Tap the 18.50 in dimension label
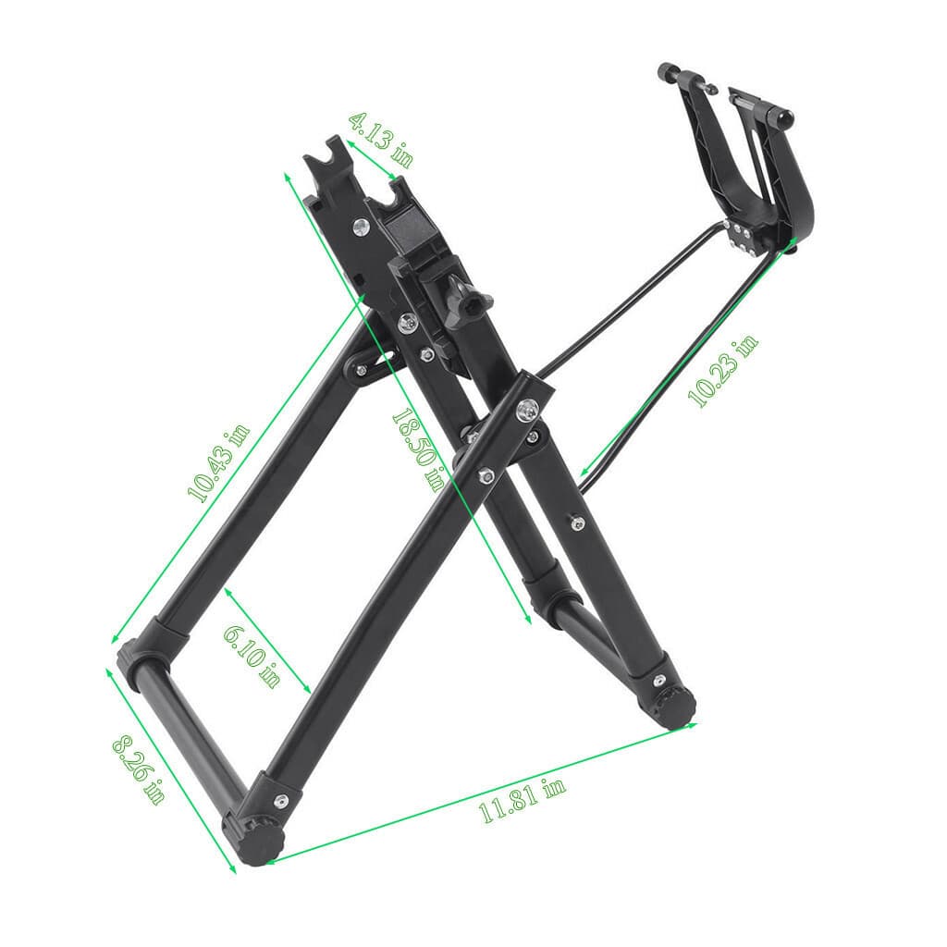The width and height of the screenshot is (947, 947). click(417, 449)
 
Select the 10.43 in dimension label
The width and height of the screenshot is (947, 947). click(219, 463)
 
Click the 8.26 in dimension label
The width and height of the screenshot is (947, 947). click(139, 769)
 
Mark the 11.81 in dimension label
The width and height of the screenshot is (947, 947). click(522, 801)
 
